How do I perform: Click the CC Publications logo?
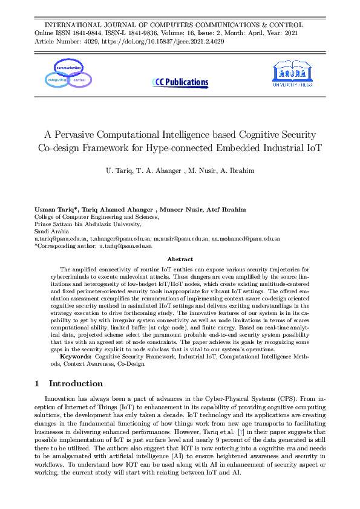(180, 82)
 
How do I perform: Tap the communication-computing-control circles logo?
(68, 73)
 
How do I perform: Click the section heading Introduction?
(76, 383)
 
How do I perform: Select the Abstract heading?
(180, 259)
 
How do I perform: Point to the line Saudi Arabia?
(51, 231)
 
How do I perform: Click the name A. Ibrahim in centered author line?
(238, 171)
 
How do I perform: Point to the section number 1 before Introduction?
(38, 383)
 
